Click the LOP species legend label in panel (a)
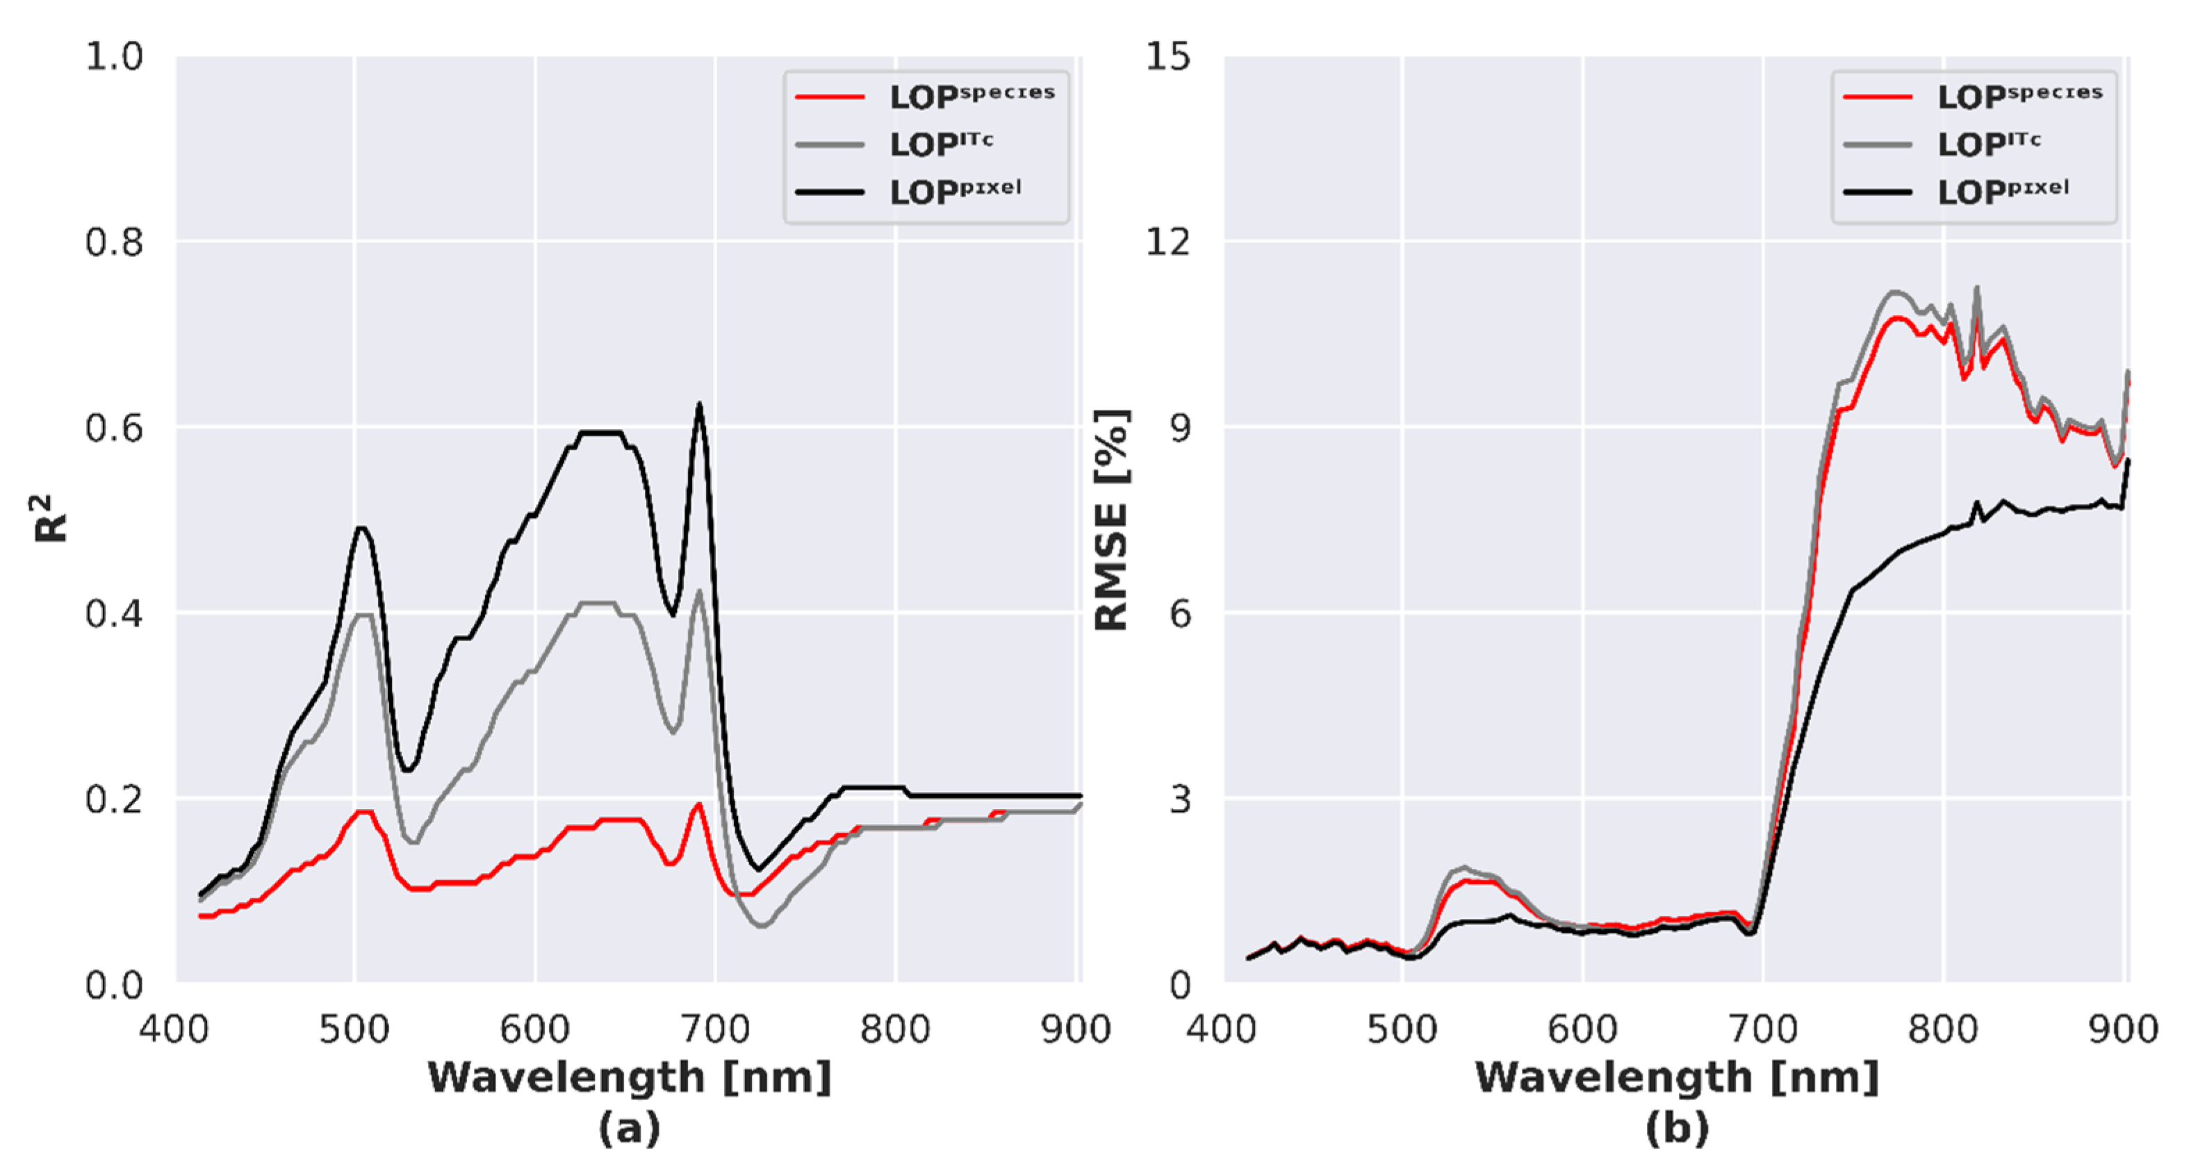tap(971, 96)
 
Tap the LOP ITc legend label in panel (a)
tap(941, 144)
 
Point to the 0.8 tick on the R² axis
tap(114, 242)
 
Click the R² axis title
tap(51, 519)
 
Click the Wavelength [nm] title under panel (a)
tap(630, 1077)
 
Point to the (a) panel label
tap(630, 1129)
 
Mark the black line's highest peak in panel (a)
tap(699, 405)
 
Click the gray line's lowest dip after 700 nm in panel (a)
tap(761, 924)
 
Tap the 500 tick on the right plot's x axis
tap(1402, 1030)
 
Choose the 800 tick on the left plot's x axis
tap(895, 1030)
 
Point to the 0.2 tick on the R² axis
tap(114, 799)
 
